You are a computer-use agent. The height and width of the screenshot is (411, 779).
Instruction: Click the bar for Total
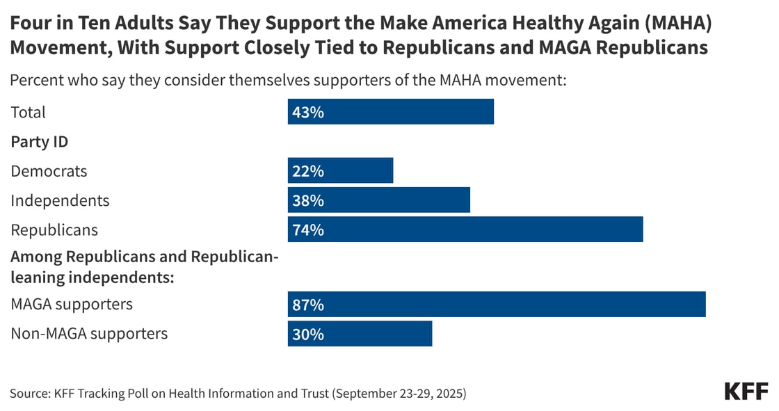(390, 112)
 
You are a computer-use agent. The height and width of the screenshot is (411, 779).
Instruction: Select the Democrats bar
(340, 170)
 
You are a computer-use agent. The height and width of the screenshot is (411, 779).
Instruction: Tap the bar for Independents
(378, 200)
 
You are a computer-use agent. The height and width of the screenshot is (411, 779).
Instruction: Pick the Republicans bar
(465, 229)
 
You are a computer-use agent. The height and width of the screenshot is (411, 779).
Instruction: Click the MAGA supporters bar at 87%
(496, 305)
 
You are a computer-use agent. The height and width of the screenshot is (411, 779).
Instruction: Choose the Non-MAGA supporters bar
(360, 334)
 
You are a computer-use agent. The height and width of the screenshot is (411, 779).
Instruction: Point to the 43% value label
(307, 112)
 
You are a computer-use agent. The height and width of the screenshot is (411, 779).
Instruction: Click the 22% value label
(307, 171)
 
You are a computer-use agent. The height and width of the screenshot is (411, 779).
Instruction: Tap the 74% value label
(307, 230)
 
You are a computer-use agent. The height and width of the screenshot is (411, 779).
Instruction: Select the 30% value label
(307, 335)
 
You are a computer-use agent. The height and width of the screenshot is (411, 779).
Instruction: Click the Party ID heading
(39, 142)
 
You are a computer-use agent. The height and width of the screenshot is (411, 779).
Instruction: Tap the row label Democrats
(49, 171)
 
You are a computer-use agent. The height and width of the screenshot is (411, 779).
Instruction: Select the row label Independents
(60, 200)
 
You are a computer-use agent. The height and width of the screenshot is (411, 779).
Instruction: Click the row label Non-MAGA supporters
(89, 334)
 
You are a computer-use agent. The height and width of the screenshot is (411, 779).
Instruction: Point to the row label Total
(28, 112)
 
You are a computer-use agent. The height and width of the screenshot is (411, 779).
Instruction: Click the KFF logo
(746, 391)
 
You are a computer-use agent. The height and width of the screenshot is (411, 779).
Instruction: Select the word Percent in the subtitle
(35, 80)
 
